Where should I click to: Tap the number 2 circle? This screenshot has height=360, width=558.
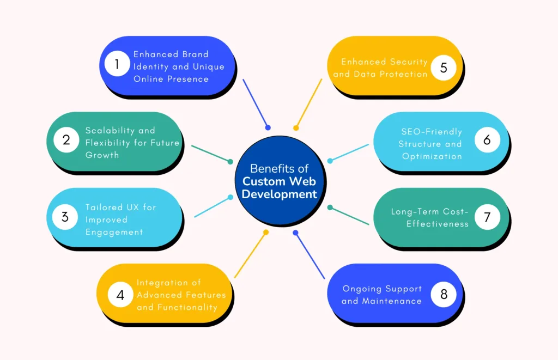66,140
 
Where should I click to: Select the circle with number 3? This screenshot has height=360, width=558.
65,217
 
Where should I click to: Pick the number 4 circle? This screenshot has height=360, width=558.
120,295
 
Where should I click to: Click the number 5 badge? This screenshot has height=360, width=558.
443,68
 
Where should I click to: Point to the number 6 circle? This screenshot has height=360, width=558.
487,140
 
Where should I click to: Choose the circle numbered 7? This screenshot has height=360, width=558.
487,217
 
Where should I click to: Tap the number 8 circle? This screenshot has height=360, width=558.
444,295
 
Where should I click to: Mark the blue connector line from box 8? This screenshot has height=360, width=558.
310,255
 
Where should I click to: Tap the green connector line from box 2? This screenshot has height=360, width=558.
211,154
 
